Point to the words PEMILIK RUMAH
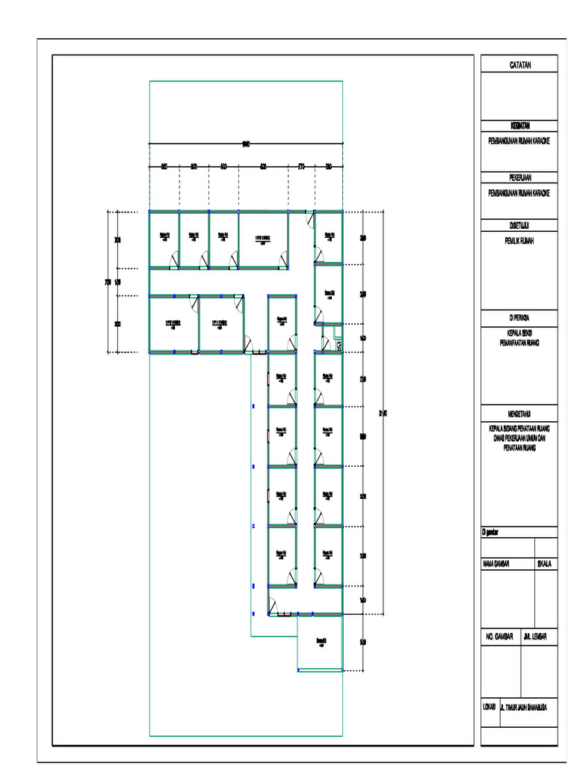click(x=519, y=240)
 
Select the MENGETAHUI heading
click(x=519, y=412)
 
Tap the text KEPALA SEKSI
click(x=519, y=331)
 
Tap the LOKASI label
click(x=490, y=706)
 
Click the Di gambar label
click(x=491, y=532)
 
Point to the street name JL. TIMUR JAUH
click(x=526, y=706)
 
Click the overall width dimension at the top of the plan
click(x=246, y=145)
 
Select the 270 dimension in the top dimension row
click(x=301, y=166)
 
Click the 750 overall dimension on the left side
click(x=108, y=282)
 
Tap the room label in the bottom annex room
click(x=321, y=641)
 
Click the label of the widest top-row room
click(x=262, y=239)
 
